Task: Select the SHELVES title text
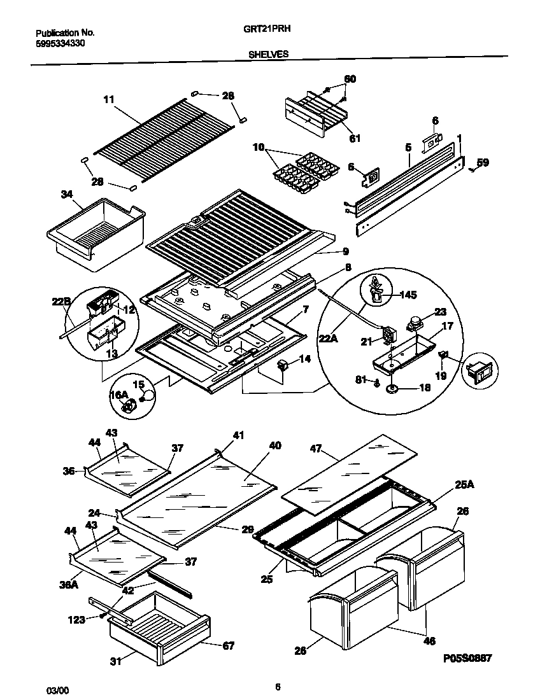tap(268, 55)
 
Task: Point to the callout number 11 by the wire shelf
tap(108, 99)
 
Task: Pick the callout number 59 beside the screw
tap(483, 163)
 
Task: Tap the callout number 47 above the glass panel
tap(316, 448)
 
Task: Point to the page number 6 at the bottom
tap(278, 687)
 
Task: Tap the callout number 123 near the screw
tap(77, 619)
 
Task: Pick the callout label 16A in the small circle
tap(120, 395)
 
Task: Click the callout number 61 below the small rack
tap(355, 138)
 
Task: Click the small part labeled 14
tap(283, 366)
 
